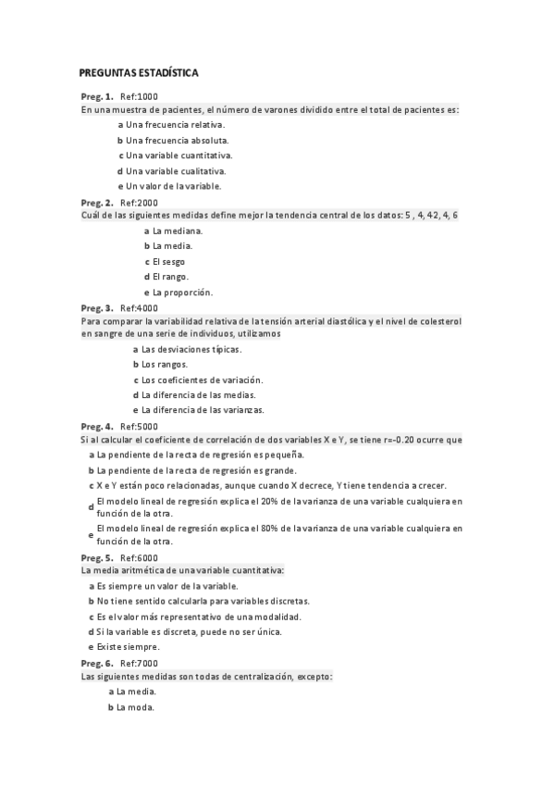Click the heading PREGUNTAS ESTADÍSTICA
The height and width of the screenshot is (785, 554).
click(x=139, y=72)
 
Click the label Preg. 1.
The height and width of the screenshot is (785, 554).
click(x=97, y=96)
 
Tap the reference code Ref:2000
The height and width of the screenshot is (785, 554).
click(x=140, y=202)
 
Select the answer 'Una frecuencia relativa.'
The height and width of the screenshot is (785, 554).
click(x=175, y=124)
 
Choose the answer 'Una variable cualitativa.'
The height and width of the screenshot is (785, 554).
click(x=175, y=170)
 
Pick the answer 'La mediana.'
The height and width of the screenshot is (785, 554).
click(x=178, y=231)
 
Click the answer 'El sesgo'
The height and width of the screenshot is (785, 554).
click(x=168, y=261)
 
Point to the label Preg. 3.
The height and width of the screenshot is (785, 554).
click(x=97, y=307)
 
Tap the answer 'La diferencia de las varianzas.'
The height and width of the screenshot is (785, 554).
click(x=203, y=409)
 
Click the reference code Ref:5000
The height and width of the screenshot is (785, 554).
click(x=140, y=426)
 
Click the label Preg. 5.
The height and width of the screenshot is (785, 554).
click(x=97, y=557)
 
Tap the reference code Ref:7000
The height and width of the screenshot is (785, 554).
click(x=140, y=663)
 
